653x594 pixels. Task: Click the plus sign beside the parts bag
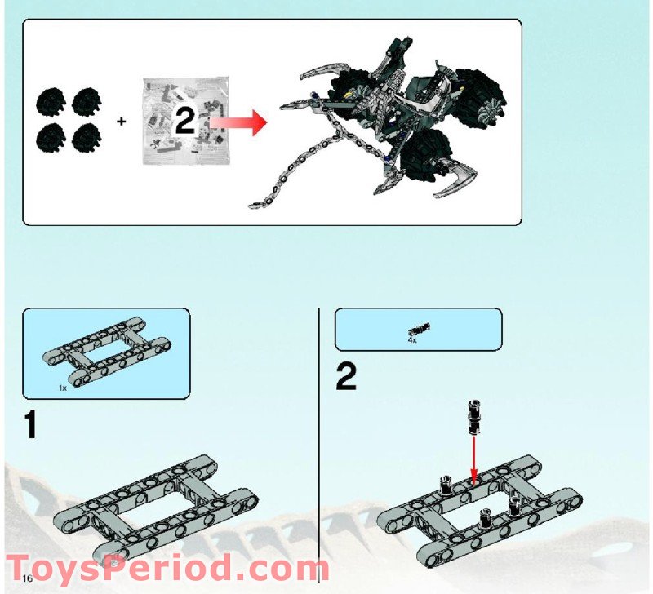click(x=122, y=122)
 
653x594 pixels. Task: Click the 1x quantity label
click(x=63, y=388)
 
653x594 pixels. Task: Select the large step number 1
click(x=31, y=426)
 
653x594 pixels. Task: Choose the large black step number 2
click(x=346, y=378)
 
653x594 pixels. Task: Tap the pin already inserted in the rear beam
click(x=446, y=485)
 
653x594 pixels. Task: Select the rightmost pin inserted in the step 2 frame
click(x=515, y=505)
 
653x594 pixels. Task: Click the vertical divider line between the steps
click(x=318, y=432)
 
